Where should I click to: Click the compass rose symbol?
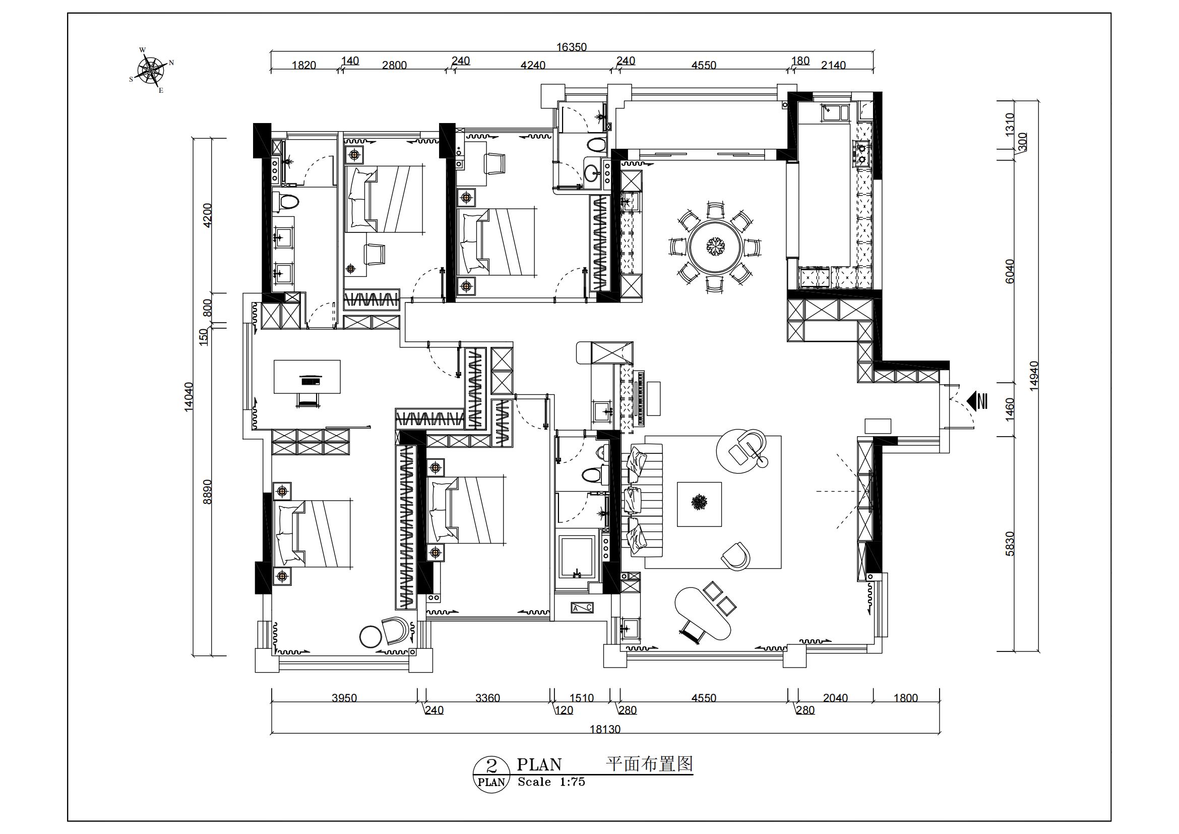[152, 71]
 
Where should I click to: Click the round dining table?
[715, 247]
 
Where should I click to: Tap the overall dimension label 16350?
[572, 47]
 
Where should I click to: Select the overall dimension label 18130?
[605, 729]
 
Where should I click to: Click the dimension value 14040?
[189, 396]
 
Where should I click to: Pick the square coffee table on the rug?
[699, 504]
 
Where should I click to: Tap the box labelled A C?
[582, 608]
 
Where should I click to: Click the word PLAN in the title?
[539, 765]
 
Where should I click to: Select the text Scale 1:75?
[551, 782]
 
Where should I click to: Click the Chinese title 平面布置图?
[650, 763]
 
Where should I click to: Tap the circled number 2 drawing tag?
[491, 774]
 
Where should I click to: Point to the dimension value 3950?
[344, 698]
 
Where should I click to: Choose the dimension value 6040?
[1010, 271]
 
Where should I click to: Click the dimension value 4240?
[533, 65]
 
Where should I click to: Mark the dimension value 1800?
[905, 698]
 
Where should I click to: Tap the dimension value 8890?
[207, 492]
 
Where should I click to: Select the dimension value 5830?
[1010, 544]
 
